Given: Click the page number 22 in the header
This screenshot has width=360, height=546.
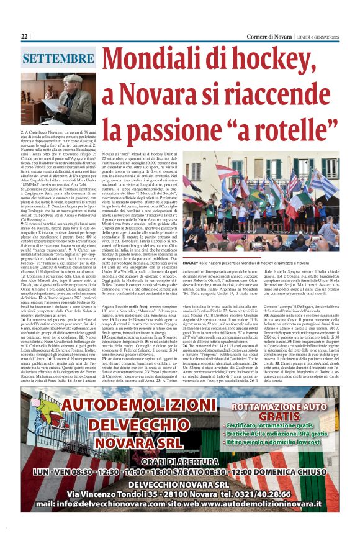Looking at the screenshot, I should point(25,37).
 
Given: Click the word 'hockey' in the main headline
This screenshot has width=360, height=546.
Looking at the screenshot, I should point(287,62).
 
